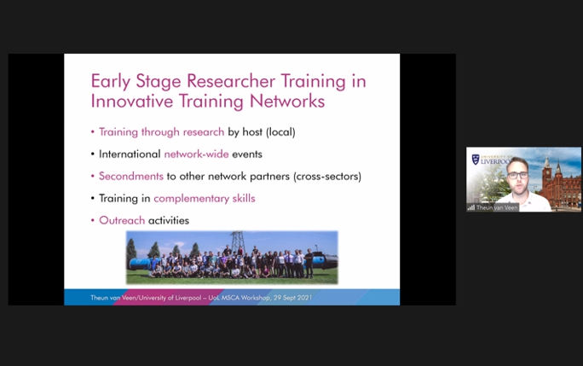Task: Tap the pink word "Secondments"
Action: pyautogui.click(x=131, y=176)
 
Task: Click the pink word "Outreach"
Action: pyautogui.click(x=122, y=220)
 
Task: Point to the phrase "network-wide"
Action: pyautogui.click(x=196, y=154)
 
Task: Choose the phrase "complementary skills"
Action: pyautogui.click(x=205, y=199)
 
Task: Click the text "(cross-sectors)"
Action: pyautogui.click(x=327, y=177)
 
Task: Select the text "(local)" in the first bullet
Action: pyautogui.click(x=280, y=132)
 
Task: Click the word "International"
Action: pyautogui.click(x=130, y=154)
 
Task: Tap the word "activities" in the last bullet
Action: pyautogui.click(x=169, y=220)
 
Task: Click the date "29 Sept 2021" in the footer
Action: pyautogui.click(x=292, y=298)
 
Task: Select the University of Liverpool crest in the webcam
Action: pyautogui.click(x=476, y=160)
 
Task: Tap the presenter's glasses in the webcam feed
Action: pyautogui.click(x=517, y=175)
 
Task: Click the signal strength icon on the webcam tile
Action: pyautogui.click(x=471, y=207)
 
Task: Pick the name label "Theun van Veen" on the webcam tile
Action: pyautogui.click(x=497, y=208)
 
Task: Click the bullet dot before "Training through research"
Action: pyautogui.click(x=93, y=131)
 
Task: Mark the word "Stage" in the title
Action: pyautogui.click(x=159, y=82)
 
